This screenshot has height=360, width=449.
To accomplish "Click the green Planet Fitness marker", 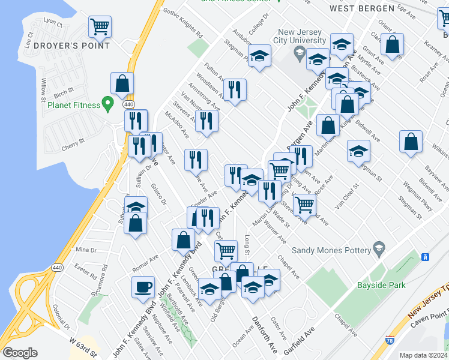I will pyautogui.click(x=108, y=104).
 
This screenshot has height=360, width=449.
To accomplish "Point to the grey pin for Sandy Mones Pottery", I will pyautogui.click(x=378, y=247).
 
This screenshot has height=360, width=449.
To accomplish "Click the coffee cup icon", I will pyautogui.click(x=143, y=286).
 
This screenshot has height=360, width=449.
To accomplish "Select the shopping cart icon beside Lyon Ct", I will pyautogui.click(x=100, y=26).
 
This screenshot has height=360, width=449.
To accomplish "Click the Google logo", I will pyautogui.click(x=20, y=352).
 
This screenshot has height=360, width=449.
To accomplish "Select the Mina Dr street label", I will pyautogui.click(x=86, y=250).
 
